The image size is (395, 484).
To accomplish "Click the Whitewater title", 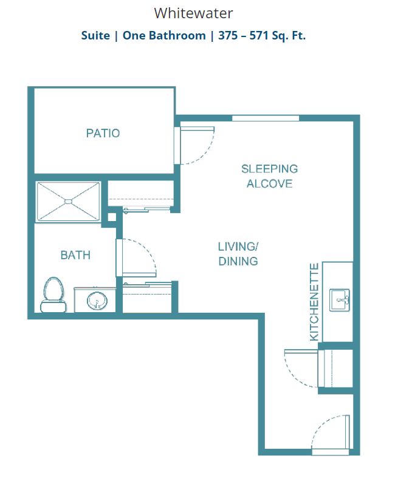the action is point(193,13).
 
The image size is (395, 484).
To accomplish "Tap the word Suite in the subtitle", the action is point(95,35).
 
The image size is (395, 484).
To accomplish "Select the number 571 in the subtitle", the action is point(259,35).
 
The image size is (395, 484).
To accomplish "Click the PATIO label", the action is point(103,134).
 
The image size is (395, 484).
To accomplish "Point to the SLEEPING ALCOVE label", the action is point(269,176).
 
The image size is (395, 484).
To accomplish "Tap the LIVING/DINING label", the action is point(238,254).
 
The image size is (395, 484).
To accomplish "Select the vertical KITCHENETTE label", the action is point(314,302).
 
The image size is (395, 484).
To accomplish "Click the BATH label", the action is point(75,255).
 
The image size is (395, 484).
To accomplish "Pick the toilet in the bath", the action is point(53,295).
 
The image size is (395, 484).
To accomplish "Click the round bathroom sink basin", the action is point(97,301).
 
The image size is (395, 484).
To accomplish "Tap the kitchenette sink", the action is point(340,300).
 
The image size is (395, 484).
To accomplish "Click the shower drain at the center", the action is point(68,202).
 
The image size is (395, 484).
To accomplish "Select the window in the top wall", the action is point(266,118).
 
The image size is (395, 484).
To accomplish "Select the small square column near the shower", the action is point(112,217).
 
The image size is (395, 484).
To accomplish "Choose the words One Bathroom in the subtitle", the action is point(164,35).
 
